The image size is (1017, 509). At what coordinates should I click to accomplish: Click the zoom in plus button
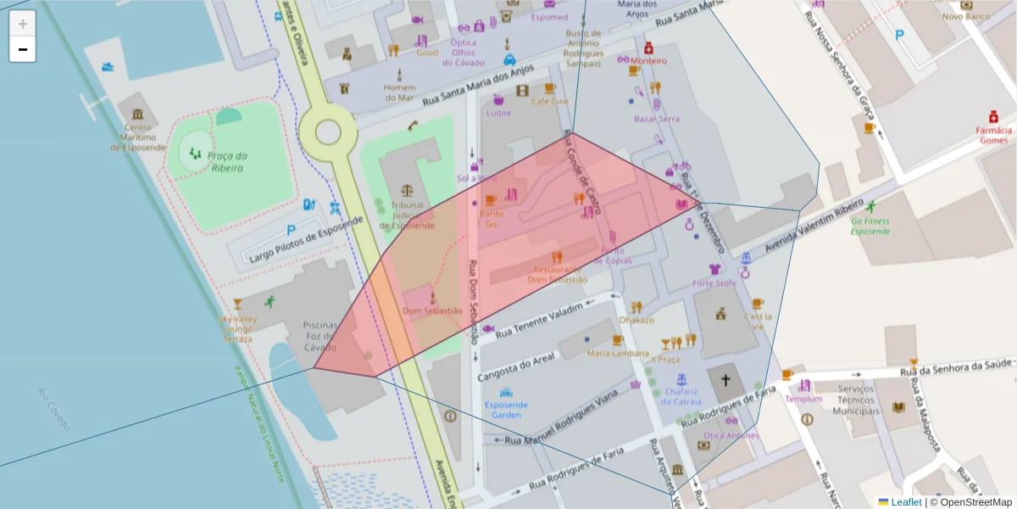coord(22,23)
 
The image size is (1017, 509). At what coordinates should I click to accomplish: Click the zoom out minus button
coord(22,49)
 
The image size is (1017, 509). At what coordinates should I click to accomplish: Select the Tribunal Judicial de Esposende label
coord(407,215)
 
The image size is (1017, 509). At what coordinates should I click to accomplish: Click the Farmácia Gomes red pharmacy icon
coord(992,116)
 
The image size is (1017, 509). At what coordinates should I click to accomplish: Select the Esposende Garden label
coord(507,410)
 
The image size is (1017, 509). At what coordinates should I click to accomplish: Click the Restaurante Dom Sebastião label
coord(557,274)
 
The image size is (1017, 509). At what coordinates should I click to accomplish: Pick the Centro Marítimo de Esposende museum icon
coord(137,115)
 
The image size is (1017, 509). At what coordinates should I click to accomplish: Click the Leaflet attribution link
coord(906,501)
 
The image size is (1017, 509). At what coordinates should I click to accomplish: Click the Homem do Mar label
coord(399,92)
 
